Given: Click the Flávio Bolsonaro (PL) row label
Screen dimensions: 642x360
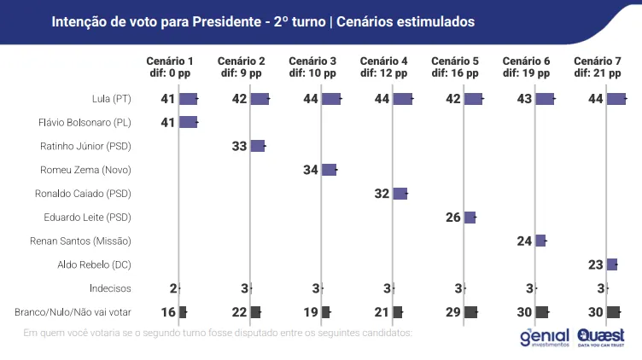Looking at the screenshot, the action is coord(85,123).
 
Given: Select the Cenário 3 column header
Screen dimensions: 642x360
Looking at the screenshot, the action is coord(312,67).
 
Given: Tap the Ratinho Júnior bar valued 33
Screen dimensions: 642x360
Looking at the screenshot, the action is coord(258,146).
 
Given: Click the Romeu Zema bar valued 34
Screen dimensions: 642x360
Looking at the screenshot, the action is coord(330,170).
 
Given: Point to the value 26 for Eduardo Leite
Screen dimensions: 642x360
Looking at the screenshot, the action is coord(453,218).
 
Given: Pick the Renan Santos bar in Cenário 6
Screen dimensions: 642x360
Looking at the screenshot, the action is coord(540,241).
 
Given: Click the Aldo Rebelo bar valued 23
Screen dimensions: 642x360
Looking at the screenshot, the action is coord(612,264).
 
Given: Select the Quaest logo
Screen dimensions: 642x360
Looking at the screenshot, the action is coord(601,338).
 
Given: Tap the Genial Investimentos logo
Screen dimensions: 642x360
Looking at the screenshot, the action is coord(545,338).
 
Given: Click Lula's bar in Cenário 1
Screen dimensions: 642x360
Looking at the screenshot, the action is coord(189,99).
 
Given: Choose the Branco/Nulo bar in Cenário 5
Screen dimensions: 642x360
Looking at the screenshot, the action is coord(471,312).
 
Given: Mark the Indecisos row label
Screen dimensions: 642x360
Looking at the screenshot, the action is coord(110,288).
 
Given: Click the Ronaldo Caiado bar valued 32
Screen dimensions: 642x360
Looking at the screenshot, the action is coord(400,194).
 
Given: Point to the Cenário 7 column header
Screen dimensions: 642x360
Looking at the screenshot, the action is coord(598,67).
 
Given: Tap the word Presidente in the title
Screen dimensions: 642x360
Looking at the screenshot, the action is coord(227,21).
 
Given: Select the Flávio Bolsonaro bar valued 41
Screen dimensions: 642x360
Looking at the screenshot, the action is coord(189,122).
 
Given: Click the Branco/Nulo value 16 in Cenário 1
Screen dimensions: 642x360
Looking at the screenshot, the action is coord(168,312).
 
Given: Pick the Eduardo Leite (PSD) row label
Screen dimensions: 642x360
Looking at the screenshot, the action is coord(87,218).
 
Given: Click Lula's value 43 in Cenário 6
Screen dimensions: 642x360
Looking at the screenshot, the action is coord(524,99).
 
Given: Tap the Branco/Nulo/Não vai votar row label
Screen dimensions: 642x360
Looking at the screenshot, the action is coord(73,312).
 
